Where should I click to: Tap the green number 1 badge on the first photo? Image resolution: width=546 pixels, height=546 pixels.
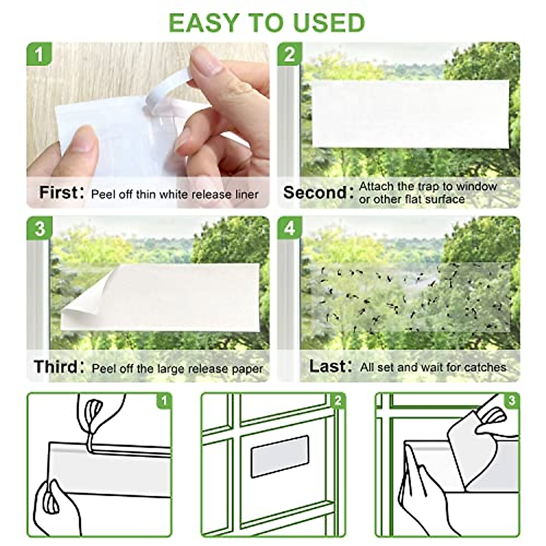click(x=40, y=55)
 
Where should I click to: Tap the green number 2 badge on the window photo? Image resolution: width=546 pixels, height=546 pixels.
click(x=290, y=55)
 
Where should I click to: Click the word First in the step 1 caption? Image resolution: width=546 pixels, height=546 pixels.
click(x=58, y=192)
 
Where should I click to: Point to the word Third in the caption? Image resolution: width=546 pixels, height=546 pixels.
click(x=56, y=367)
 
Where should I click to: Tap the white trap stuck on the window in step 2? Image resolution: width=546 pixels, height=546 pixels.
click(x=409, y=114)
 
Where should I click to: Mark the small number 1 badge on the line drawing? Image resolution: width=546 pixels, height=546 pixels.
click(x=164, y=401)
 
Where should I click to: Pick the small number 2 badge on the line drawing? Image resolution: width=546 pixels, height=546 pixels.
click(x=338, y=401)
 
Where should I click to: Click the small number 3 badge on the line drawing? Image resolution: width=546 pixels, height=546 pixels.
click(x=512, y=401)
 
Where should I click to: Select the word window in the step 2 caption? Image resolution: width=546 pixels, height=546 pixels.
click(x=476, y=187)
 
